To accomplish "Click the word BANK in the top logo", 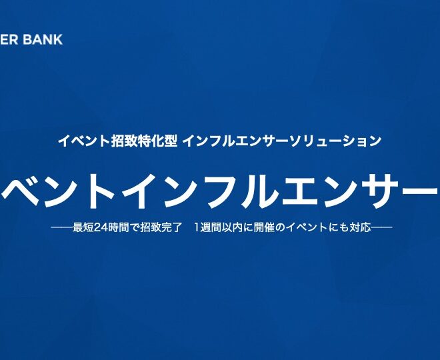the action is pos(43,39).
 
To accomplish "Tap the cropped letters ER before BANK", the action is pos(9,39).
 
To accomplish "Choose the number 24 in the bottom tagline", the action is pos(99,227).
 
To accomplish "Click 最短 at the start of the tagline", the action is pos(83,227).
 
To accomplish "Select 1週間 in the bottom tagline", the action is pos(206,227).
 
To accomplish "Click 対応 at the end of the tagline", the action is pos(360,227).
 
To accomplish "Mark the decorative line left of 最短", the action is pos(62,227).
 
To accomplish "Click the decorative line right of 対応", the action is pos(381,227).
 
